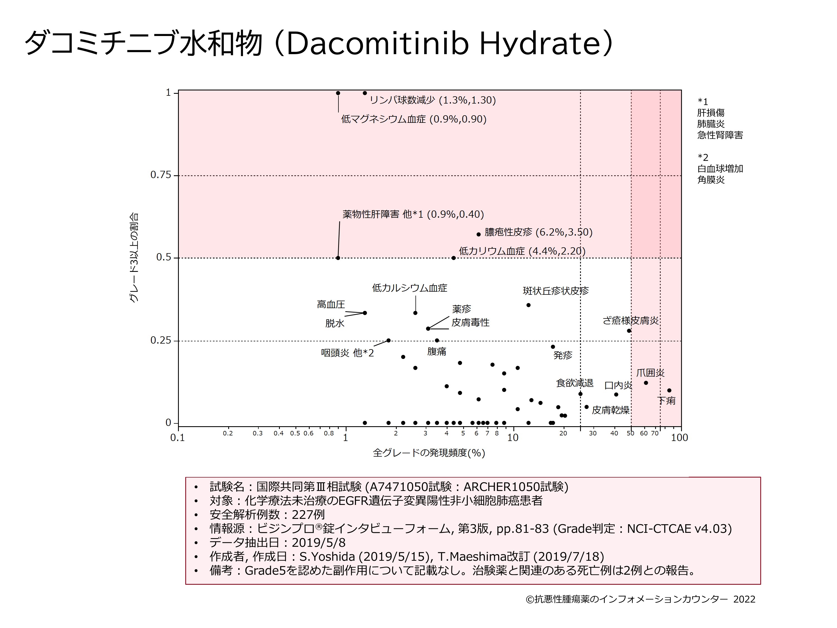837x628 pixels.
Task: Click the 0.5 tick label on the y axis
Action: coord(163,257)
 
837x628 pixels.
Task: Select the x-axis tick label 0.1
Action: coord(177,438)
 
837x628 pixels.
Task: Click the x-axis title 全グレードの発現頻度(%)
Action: coord(429,453)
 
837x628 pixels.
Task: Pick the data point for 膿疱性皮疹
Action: coord(478,234)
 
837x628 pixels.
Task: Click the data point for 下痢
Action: coord(669,390)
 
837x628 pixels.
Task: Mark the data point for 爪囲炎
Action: coord(646,383)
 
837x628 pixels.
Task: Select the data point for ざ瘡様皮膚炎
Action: coord(629,330)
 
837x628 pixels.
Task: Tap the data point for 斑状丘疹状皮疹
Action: coord(528,305)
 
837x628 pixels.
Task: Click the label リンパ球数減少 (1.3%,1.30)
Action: coord(432,100)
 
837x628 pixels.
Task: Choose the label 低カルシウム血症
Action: coord(409,288)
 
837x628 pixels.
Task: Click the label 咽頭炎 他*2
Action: coord(347,353)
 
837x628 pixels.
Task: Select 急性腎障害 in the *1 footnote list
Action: coord(720,135)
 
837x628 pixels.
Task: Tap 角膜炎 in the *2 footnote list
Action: coord(711,180)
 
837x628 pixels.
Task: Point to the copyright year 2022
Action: coord(744,599)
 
